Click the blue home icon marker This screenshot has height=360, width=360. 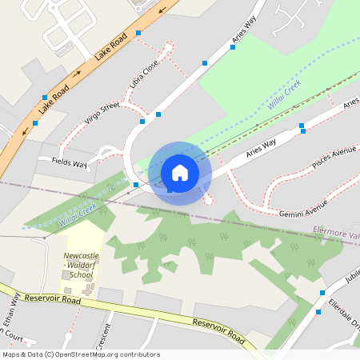click(x=180, y=173)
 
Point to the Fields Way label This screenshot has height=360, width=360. click(x=70, y=163)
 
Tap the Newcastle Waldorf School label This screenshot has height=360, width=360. click(x=82, y=266)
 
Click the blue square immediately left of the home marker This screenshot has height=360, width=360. click(x=136, y=185)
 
